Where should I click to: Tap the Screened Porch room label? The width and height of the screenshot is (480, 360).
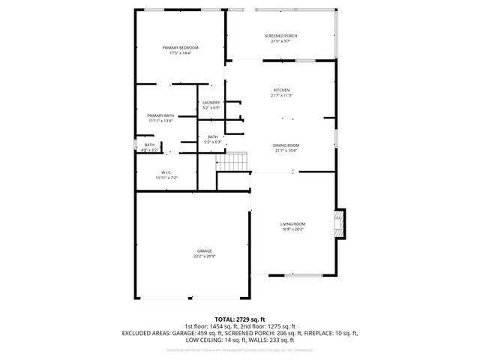pos(280,36)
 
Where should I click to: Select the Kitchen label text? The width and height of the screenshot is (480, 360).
pos(280,90)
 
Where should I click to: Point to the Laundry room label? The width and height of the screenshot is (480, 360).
pos(211,102)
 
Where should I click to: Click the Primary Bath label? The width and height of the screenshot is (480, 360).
pos(160,115)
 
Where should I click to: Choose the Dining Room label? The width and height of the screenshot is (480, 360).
pos(286,145)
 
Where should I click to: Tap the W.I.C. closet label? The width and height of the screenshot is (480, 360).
pos(166,172)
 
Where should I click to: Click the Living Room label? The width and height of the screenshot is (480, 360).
pos(292,224)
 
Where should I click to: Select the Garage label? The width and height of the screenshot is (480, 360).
pos(204,250)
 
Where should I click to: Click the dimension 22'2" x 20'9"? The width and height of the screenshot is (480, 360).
pos(204,256)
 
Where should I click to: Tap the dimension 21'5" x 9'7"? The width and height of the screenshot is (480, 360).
pos(280,42)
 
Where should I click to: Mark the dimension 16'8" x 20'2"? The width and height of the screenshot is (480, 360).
pos(292,230)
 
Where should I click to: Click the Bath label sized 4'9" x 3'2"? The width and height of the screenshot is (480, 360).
pos(149,145)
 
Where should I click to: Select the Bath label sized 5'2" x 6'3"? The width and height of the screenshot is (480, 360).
pos(213,136)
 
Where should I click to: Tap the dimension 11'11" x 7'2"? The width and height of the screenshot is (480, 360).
pos(166,178)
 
